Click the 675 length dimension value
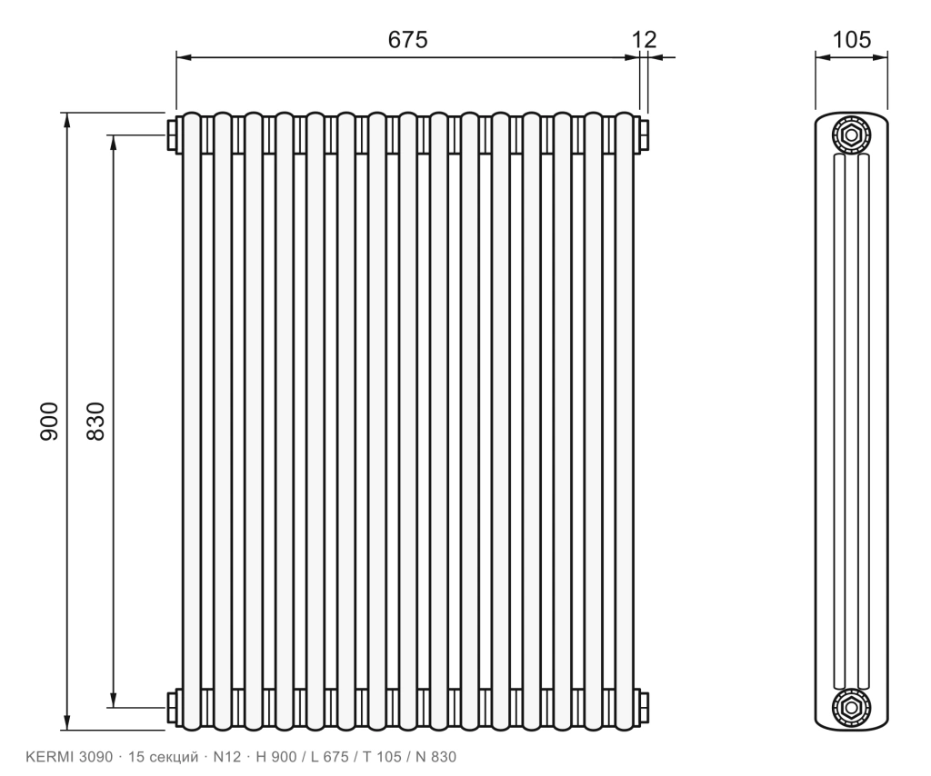click(x=407, y=40)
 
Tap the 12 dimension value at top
click(x=645, y=40)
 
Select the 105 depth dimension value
click(x=851, y=40)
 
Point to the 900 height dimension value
click(x=49, y=422)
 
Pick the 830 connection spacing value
click(x=95, y=422)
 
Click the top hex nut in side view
click(x=851, y=135)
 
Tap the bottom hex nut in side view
click(x=851, y=707)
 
